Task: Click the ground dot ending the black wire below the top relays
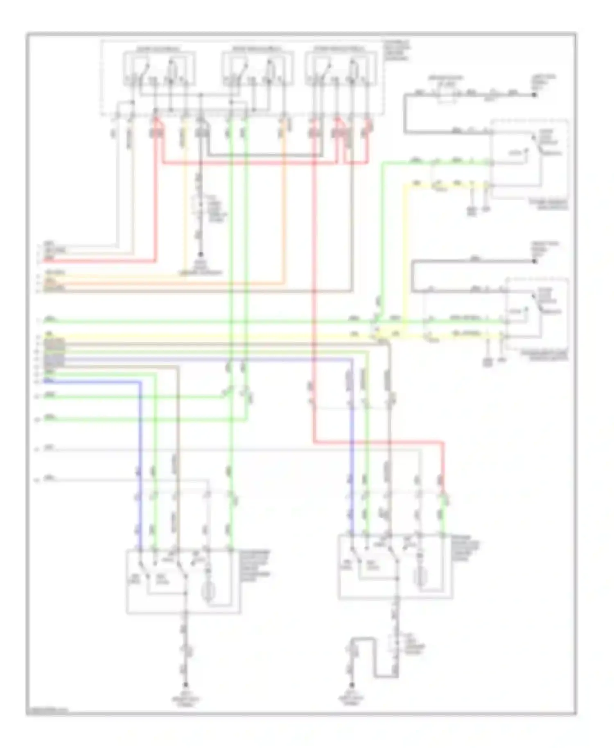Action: pyautogui.click(x=201, y=254)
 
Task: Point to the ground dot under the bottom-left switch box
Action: pyautogui.click(x=185, y=684)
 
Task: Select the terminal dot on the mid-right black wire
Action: pyautogui.click(x=534, y=261)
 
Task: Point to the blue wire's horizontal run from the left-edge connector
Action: pyautogui.click(x=94, y=382)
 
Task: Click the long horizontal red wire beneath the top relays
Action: pyautogui.click(x=250, y=163)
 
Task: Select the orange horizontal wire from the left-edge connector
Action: pyautogui.click(x=164, y=282)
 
